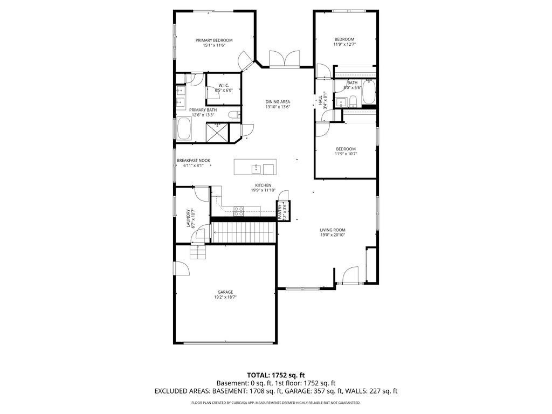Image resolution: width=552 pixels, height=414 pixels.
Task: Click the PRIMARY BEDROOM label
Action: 214,40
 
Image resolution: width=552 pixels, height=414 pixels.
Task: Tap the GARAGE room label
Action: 225,292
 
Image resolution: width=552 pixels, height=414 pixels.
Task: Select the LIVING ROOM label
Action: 332,230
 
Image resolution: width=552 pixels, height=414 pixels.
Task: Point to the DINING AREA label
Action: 278,102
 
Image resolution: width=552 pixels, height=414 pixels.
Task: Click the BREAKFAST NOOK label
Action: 193,161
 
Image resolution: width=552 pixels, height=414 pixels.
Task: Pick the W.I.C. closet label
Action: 224,85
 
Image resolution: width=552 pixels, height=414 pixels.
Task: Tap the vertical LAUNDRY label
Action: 189,218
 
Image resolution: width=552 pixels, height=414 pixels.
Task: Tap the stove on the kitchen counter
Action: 239,211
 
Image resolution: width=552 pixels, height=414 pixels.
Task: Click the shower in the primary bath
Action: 217,132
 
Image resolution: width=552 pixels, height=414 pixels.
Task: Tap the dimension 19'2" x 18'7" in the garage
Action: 225,297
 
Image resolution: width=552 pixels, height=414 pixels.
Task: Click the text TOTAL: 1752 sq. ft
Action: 276,375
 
